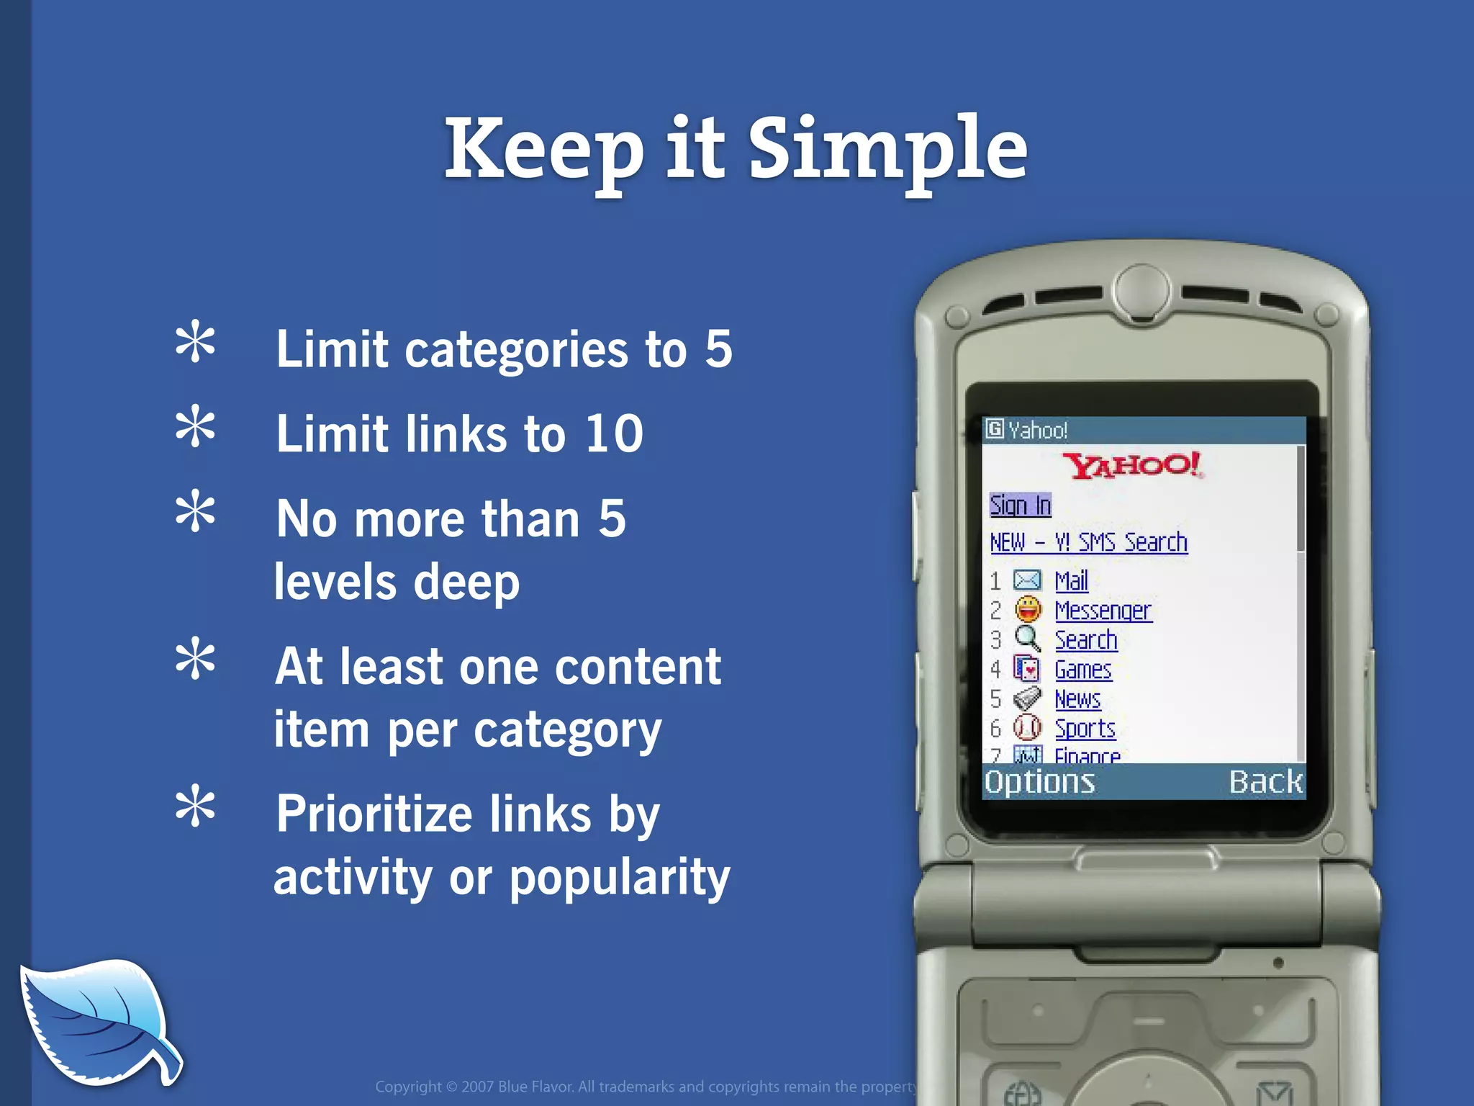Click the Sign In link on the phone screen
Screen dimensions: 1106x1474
[x=1020, y=505]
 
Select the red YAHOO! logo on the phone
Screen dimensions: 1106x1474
[x=1133, y=465]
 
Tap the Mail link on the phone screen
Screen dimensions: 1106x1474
[x=1071, y=580]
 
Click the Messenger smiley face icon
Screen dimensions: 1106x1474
[x=1028, y=610]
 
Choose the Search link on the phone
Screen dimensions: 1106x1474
[x=1085, y=639]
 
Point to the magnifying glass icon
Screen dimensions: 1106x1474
[x=1027, y=639]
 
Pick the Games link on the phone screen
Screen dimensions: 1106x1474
[x=1082, y=670]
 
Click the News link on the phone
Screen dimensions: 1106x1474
[x=1077, y=699]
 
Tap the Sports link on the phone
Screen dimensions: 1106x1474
[x=1085, y=729]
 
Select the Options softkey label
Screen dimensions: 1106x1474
[x=1039, y=782]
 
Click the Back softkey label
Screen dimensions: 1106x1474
[x=1265, y=782]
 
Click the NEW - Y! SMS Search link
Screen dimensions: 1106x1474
[x=1088, y=542]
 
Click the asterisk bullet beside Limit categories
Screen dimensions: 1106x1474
[x=195, y=343]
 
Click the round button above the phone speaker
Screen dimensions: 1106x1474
[x=1141, y=289]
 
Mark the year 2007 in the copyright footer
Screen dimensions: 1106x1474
[x=477, y=1087]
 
